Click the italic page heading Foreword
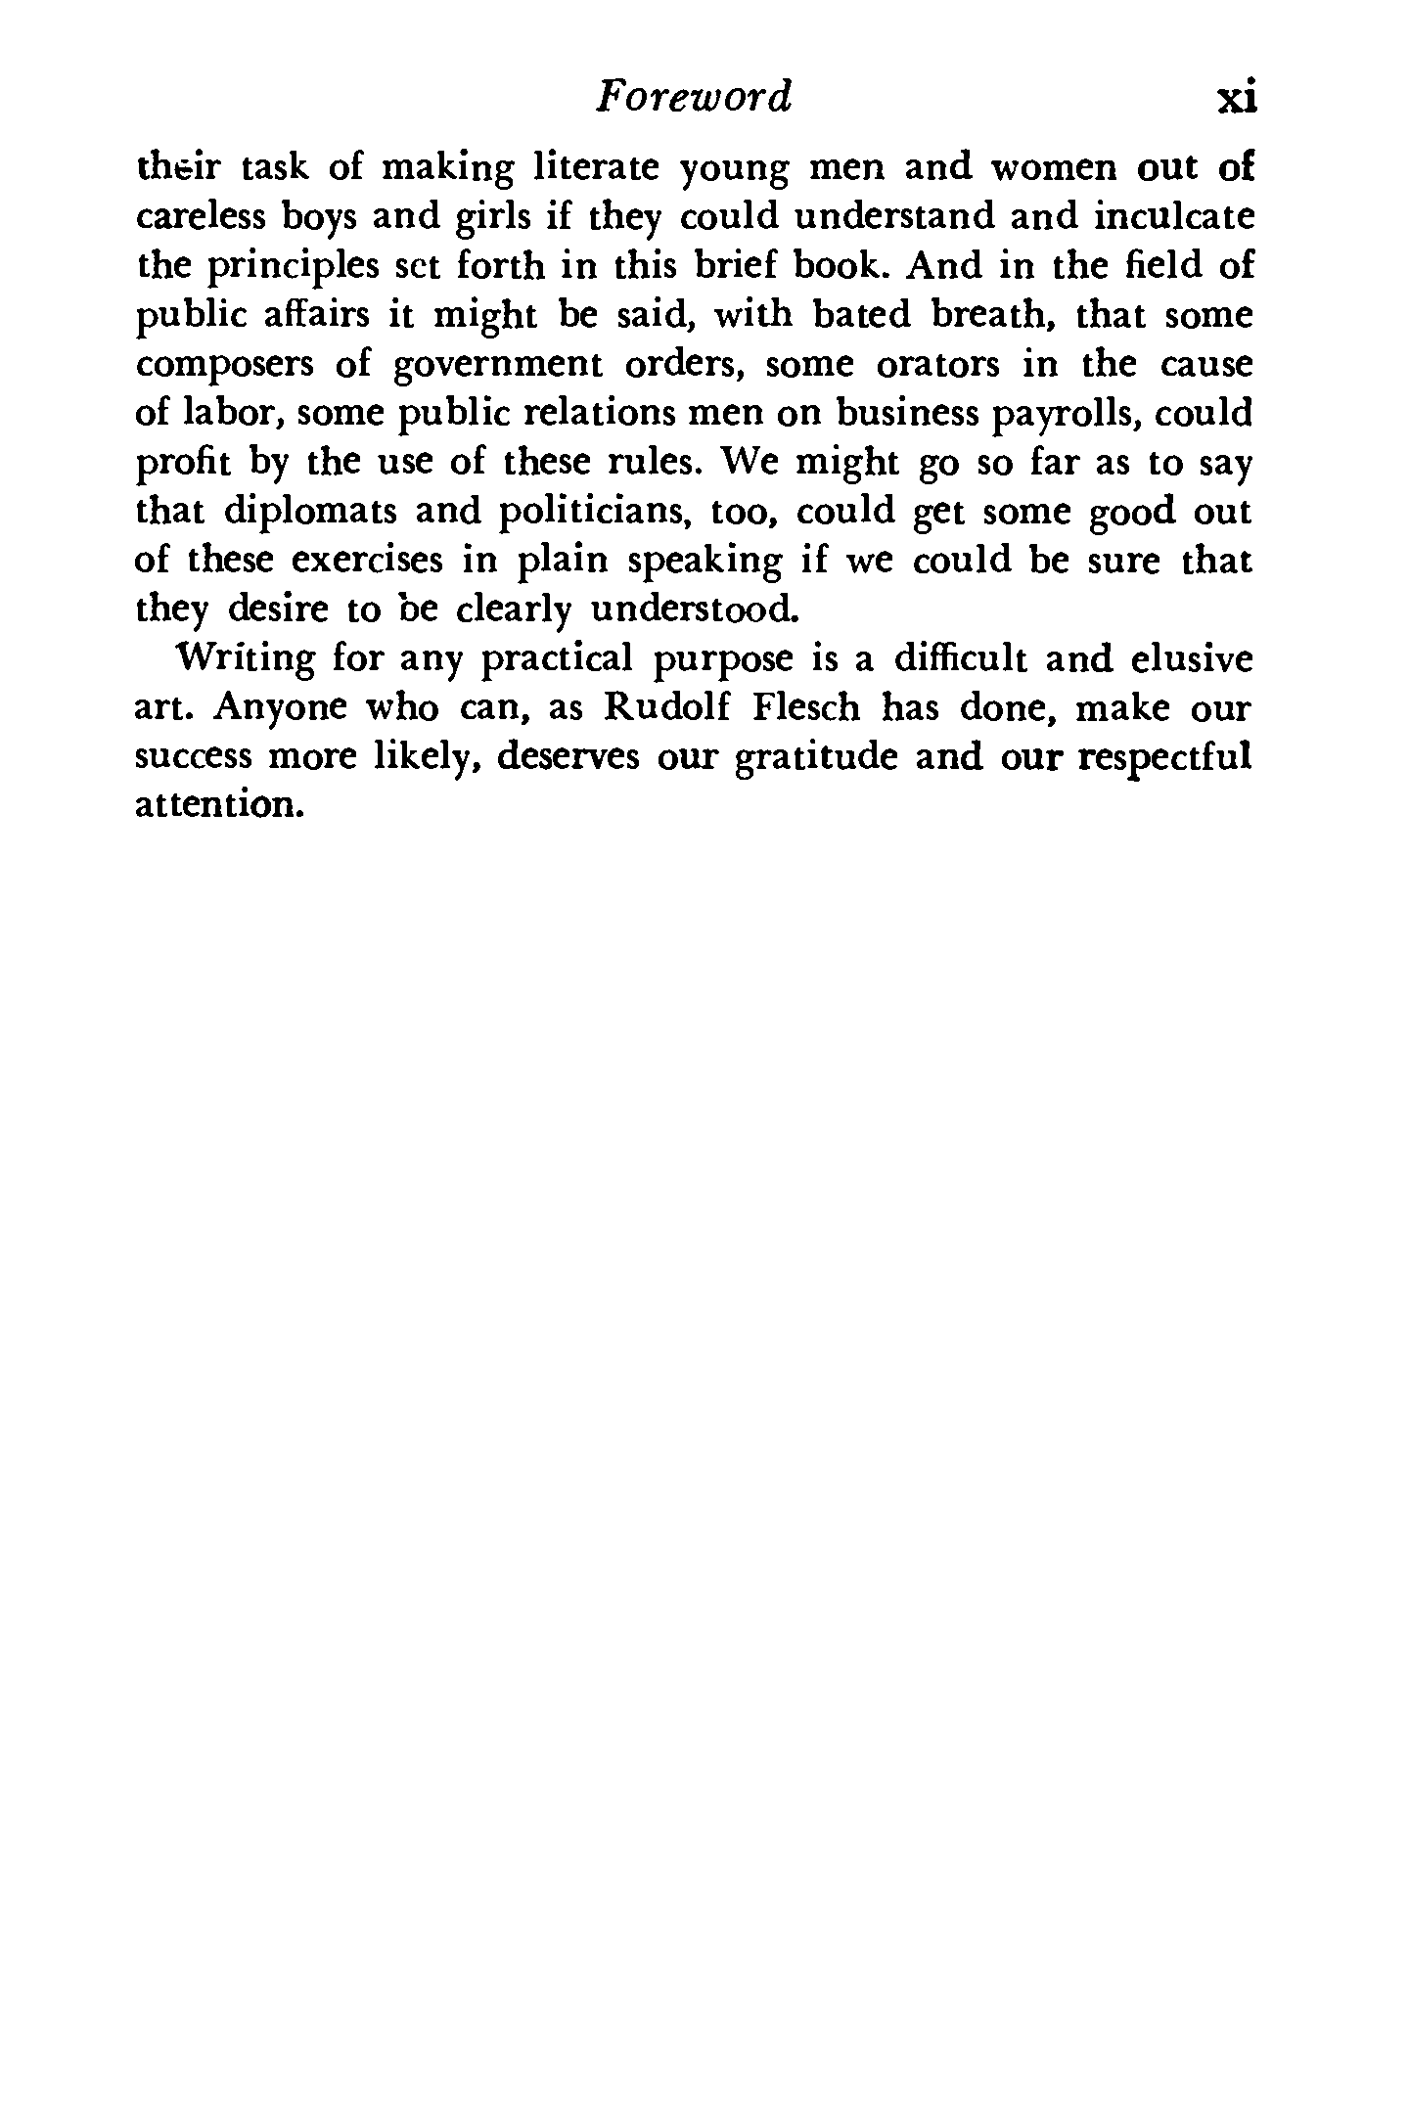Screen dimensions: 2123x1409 [x=694, y=98]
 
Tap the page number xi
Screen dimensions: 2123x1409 [x=1235, y=99]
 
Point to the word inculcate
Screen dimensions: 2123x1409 [x=1173, y=218]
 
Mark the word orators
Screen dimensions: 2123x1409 [x=937, y=366]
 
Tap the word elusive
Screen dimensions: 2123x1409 [x=1190, y=659]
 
